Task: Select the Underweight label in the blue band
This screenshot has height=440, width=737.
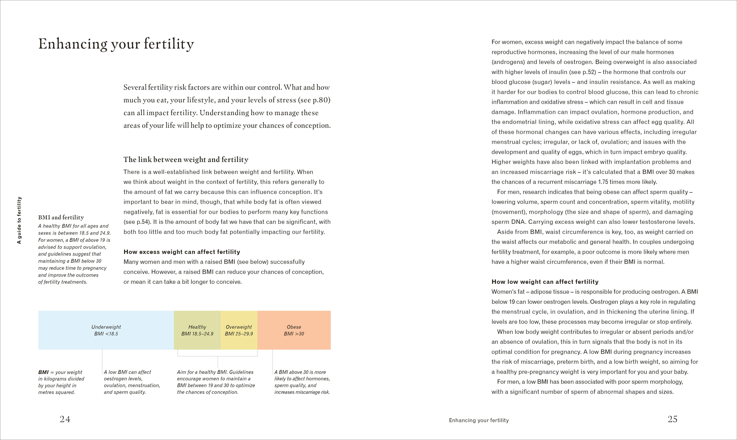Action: (x=106, y=327)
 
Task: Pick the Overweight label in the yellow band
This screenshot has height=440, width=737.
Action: (x=239, y=327)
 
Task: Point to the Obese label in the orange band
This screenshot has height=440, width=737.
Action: (x=294, y=327)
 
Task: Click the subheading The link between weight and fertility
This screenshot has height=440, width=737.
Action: (x=186, y=160)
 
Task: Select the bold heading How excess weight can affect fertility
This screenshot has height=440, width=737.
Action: (x=182, y=252)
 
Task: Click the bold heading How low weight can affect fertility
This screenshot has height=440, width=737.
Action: (x=545, y=282)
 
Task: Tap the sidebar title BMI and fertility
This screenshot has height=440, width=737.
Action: (x=61, y=217)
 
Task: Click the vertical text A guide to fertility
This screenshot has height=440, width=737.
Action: (x=19, y=220)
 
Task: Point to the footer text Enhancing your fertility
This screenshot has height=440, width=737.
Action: (x=479, y=420)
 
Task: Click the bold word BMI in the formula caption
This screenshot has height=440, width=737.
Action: (x=43, y=372)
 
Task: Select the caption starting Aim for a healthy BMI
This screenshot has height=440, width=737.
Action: (x=216, y=382)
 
